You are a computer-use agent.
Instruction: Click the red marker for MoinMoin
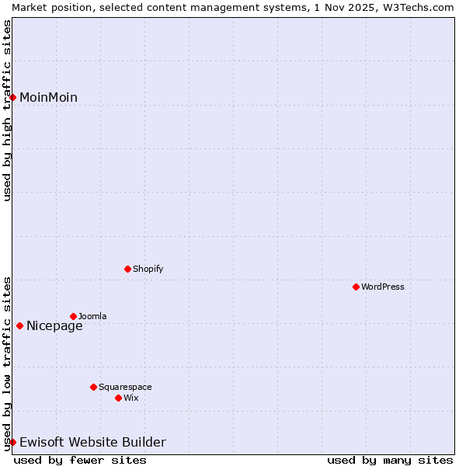pyautogui.click(x=13, y=97)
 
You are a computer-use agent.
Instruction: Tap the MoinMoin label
pyautogui.click(x=48, y=97)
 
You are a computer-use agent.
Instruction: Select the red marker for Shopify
pyautogui.click(x=127, y=269)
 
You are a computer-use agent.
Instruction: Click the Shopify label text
pyautogui.click(x=148, y=269)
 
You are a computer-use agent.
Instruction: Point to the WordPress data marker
pyautogui.click(x=356, y=287)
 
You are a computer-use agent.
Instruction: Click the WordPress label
pyautogui.click(x=382, y=287)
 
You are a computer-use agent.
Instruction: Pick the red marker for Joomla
pyautogui.click(x=73, y=316)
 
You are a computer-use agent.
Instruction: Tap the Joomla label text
pyautogui.click(x=92, y=316)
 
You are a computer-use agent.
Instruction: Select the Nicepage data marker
pyautogui.click(x=19, y=325)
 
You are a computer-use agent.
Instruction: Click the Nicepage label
pyautogui.click(x=54, y=326)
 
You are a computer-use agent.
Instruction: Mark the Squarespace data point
pyautogui.click(x=93, y=387)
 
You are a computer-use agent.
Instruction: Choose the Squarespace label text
pyautogui.click(x=125, y=387)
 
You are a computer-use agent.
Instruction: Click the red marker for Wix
pyautogui.click(x=118, y=398)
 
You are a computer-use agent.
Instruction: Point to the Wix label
pyautogui.click(x=131, y=398)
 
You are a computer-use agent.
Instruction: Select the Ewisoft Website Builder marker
pyautogui.click(x=13, y=442)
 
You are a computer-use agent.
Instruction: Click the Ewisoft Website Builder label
pyautogui.click(x=92, y=443)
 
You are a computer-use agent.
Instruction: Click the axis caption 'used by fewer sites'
pyautogui.click(x=80, y=460)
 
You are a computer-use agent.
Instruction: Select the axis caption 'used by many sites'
pyautogui.click(x=390, y=460)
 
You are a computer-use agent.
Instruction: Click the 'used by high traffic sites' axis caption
pyautogui.click(x=7, y=110)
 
